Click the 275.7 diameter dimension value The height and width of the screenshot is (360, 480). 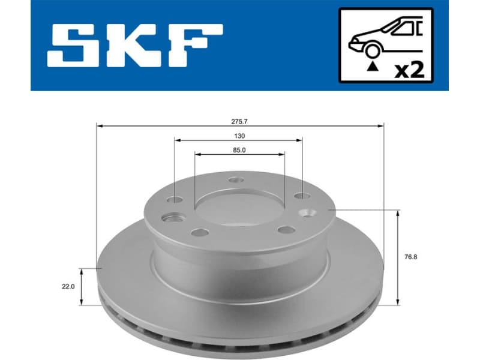tap(239, 121)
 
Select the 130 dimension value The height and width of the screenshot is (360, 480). tap(239, 136)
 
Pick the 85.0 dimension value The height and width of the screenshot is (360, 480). tap(239, 150)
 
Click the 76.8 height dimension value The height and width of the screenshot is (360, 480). tap(411, 257)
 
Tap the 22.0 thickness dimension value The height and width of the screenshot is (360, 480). tap(68, 287)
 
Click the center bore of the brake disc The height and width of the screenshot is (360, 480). tap(238, 206)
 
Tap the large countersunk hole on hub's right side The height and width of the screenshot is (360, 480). tap(310, 212)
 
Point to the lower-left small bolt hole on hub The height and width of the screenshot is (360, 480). tap(200, 232)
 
